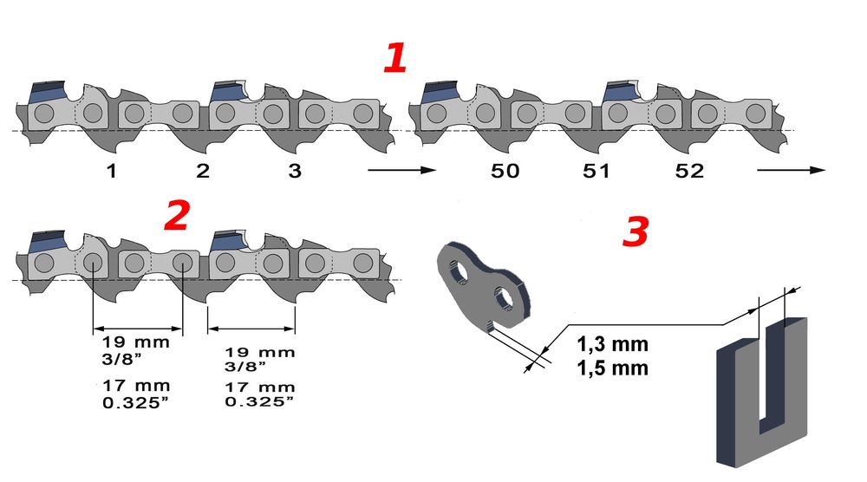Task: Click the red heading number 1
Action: pyautogui.click(x=395, y=58)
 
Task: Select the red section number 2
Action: pyautogui.click(x=176, y=217)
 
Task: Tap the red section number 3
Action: pyautogui.click(x=636, y=231)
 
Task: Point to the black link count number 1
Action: pyautogui.click(x=111, y=171)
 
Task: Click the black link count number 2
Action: pyautogui.click(x=203, y=171)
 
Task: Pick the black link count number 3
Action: pyautogui.click(x=295, y=171)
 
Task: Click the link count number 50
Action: pyautogui.click(x=505, y=171)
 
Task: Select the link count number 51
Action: pyautogui.click(x=597, y=171)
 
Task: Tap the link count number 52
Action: pyautogui.click(x=689, y=171)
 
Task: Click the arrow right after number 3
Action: pyautogui.click(x=400, y=171)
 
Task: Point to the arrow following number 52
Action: pyautogui.click(x=789, y=171)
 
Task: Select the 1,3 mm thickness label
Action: pyautogui.click(x=612, y=345)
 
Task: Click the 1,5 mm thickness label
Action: pyautogui.click(x=612, y=367)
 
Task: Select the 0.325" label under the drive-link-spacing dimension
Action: pyautogui.click(x=259, y=401)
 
